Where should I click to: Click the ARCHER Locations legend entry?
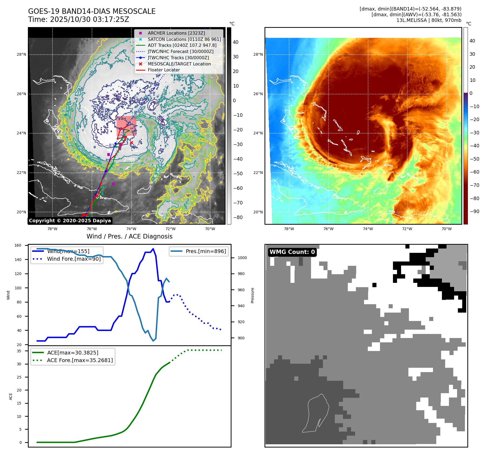click(x=176, y=33)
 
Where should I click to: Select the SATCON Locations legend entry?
click(x=184, y=39)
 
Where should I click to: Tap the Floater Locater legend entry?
click(x=164, y=70)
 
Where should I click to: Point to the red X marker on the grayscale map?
click(x=131, y=143)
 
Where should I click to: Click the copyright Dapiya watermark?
click(x=70, y=221)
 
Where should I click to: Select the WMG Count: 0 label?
click(x=292, y=252)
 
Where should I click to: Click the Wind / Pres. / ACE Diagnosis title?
click(x=129, y=236)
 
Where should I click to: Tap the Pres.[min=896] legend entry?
click(x=206, y=251)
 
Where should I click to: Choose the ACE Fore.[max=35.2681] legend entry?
click(x=80, y=360)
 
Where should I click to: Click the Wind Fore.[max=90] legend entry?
click(x=74, y=259)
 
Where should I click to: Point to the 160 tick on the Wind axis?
click(x=18, y=246)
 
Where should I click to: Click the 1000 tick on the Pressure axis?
click(x=242, y=258)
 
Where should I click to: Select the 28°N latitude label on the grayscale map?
click(x=22, y=54)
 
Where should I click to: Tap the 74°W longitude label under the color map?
click(x=368, y=229)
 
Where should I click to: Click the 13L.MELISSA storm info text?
click(x=429, y=20)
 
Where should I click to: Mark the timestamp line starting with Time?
click(x=78, y=19)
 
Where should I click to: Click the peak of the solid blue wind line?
click(x=153, y=249)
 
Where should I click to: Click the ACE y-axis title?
click(x=11, y=396)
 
